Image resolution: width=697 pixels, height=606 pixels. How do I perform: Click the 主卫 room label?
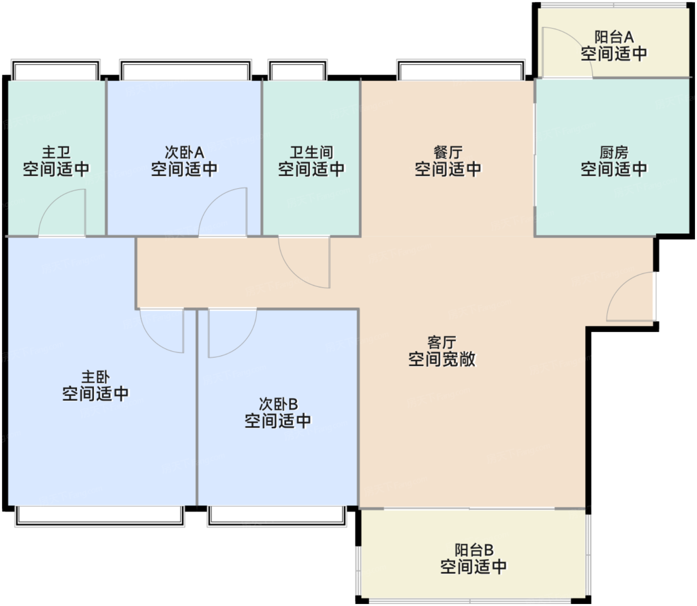(x=56, y=152)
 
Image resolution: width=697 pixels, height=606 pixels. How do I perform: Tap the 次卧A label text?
(x=184, y=152)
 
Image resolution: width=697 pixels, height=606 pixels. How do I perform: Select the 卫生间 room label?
(x=311, y=152)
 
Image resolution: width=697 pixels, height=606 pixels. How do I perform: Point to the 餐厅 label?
(x=448, y=152)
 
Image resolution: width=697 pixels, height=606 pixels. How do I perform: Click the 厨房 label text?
(x=613, y=152)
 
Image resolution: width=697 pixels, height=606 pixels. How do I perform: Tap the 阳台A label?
(x=614, y=37)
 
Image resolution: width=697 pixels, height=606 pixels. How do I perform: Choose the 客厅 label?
(x=442, y=343)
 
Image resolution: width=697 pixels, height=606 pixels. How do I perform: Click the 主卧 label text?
(x=96, y=377)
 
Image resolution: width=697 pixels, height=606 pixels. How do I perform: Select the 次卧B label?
(x=278, y=404)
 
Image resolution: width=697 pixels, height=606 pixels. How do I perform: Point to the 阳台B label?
(x=474, y=550)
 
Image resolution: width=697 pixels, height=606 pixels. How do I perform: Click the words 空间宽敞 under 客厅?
(x=442, y=359)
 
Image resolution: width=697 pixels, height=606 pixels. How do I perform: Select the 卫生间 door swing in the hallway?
(x=293, y=272)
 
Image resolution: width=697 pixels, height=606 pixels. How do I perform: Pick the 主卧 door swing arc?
(x=153, y=341)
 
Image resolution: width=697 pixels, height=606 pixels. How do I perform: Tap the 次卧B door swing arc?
(x=242, y=344)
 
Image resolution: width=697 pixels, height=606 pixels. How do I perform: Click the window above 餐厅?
(x=461, y=70)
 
